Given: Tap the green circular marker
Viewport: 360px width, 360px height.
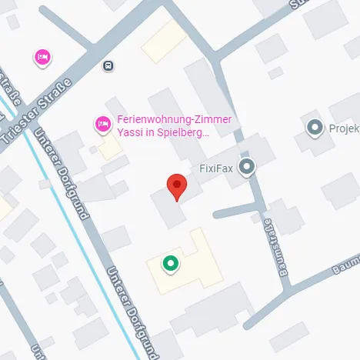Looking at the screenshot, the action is [170, 264].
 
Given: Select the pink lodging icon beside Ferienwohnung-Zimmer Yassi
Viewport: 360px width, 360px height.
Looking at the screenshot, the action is [102, 123].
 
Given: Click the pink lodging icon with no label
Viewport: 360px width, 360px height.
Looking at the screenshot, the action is [42, 57].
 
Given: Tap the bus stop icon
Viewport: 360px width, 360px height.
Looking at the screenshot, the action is [108, 66].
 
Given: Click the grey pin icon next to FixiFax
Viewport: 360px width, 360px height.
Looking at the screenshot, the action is [246, 166].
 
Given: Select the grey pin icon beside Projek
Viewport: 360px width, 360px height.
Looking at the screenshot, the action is [315, 128].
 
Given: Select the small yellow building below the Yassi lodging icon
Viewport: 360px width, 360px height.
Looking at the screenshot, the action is [110, 147].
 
